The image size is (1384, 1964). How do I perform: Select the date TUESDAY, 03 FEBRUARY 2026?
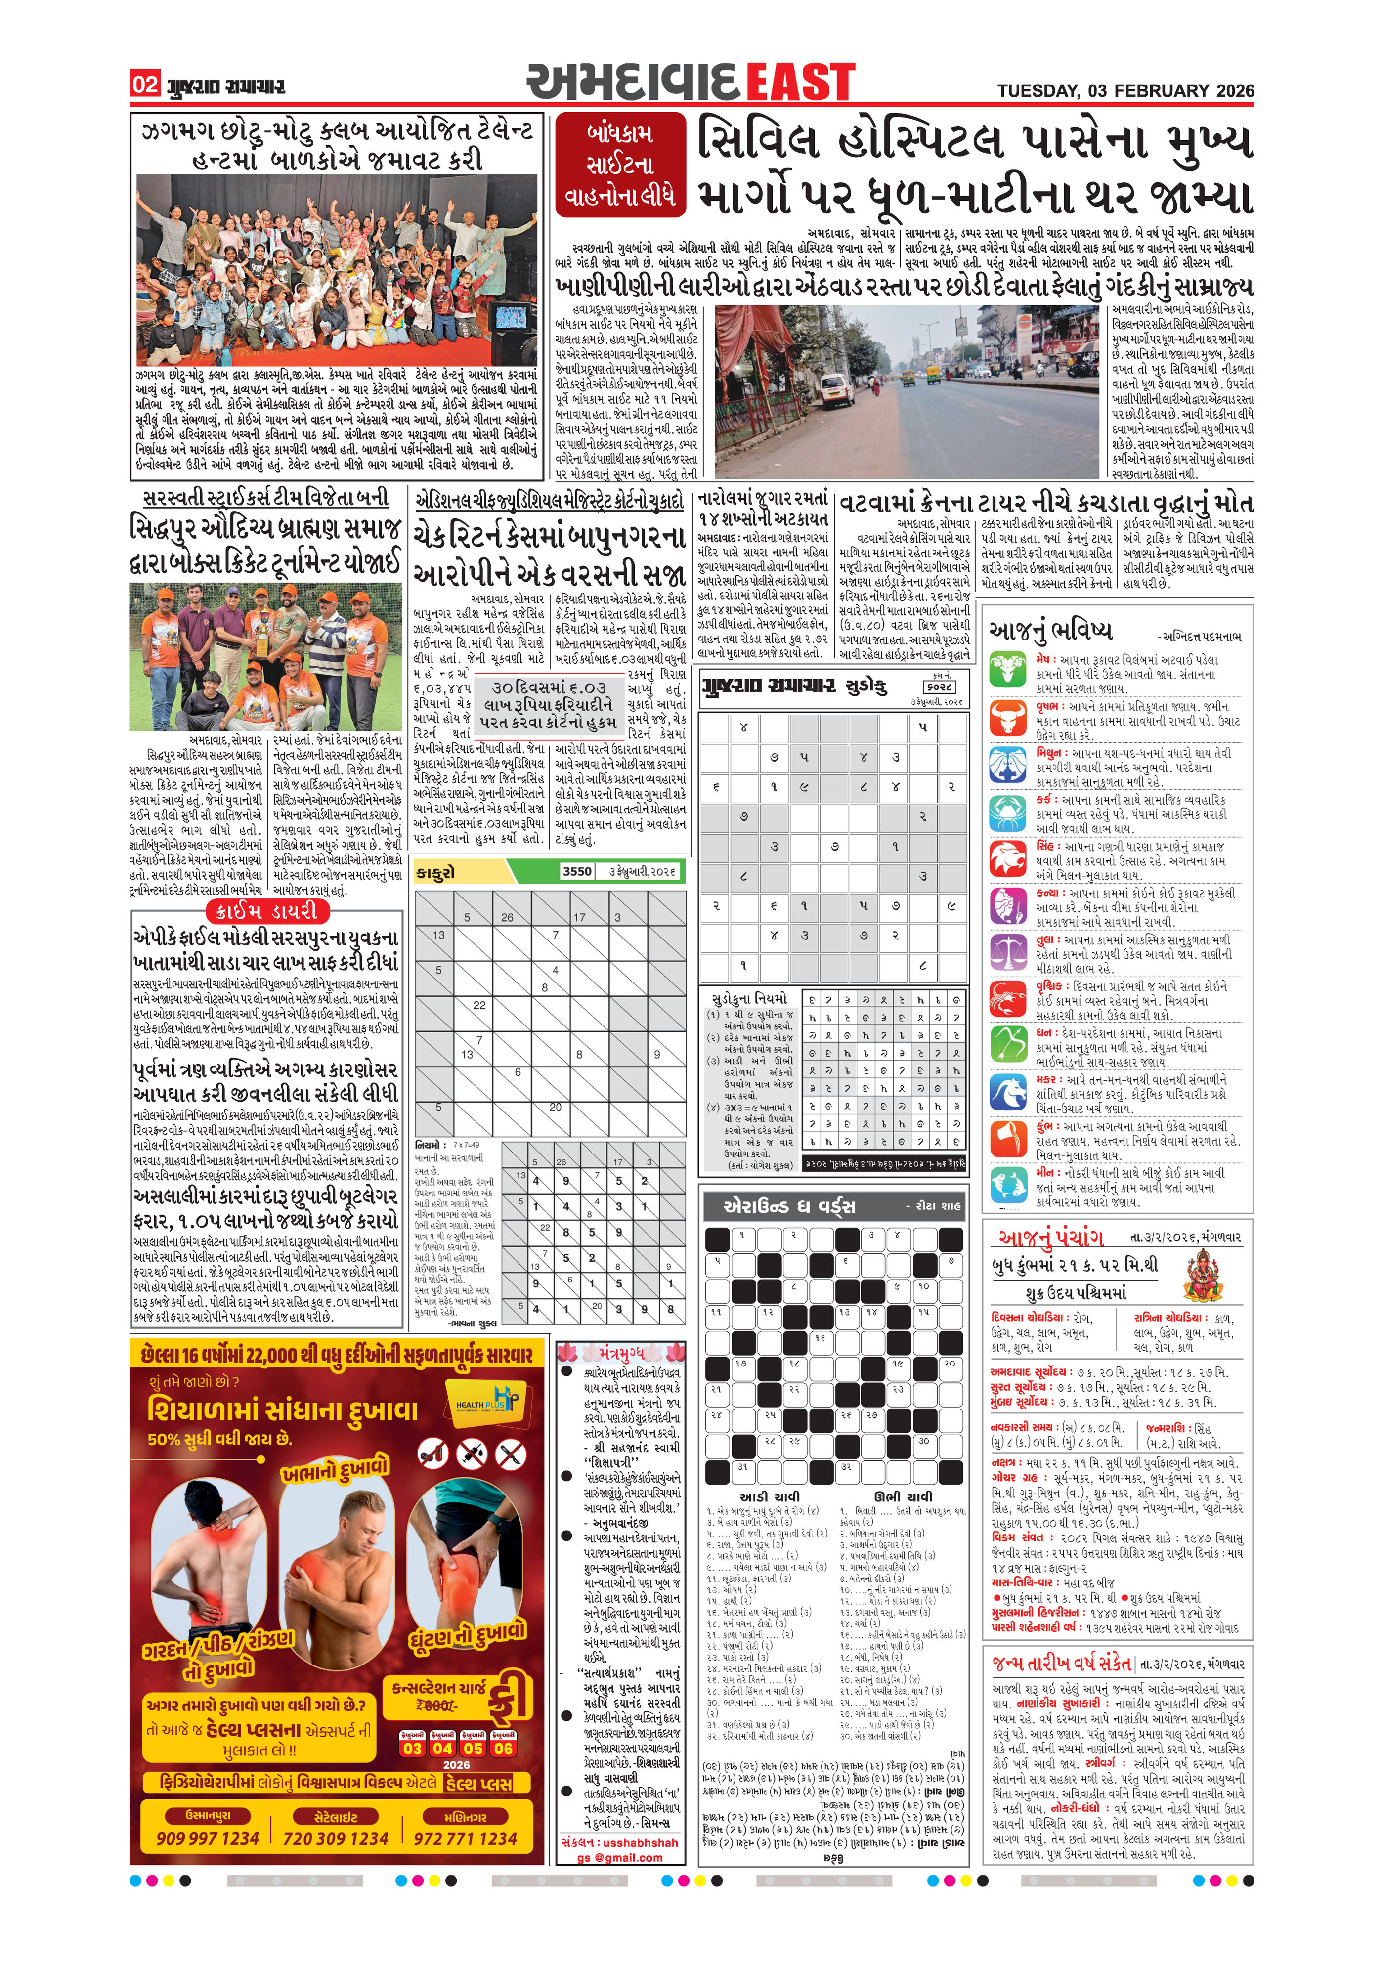point(1125,90)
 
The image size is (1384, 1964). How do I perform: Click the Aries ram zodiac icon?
point(1007,670)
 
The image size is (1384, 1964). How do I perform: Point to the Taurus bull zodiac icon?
point(1007,718)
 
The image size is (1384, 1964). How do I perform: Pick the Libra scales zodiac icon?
point(1007,951)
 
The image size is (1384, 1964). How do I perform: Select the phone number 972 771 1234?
point(465,1838)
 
